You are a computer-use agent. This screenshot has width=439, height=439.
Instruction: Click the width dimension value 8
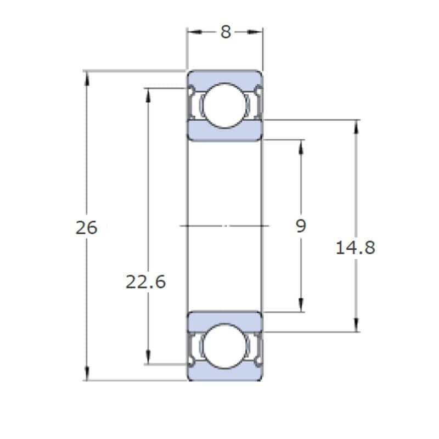[x=226, y=32]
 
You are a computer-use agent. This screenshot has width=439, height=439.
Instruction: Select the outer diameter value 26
[x=87, y=227]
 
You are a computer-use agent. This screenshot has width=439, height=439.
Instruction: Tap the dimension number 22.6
[x=145, y=282]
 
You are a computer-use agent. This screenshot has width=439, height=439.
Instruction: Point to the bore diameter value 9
[x=301, y=226]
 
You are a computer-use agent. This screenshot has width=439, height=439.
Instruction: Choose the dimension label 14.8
[x=355, y=248]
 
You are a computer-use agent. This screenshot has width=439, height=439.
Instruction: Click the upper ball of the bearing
[x=224, y=105]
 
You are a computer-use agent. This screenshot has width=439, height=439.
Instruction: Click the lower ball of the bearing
[x=224, y=346]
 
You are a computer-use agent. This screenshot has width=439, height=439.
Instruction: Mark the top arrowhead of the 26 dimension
[x=87, y=78]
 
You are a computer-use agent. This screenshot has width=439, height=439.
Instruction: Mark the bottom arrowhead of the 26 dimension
[x=87, y=373]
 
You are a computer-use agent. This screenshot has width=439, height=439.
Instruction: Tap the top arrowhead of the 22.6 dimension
[x=148, y=95]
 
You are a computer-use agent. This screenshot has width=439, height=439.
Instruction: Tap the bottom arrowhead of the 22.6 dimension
[x=148, y=357]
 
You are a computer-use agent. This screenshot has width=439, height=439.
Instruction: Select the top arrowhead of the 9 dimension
[x=301, y=147]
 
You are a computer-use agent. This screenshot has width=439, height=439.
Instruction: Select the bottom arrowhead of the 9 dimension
[x=301, y=305]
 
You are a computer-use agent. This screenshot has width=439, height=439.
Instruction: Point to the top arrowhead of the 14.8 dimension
[x=356, y=127]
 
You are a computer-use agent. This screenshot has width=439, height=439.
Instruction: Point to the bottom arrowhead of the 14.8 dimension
[x=356, y=325]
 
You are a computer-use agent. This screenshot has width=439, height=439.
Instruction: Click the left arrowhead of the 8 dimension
[x=195, y=32]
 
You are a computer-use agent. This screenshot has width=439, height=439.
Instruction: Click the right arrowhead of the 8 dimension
[x=255, y=32]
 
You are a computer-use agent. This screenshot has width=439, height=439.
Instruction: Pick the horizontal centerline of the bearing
[x=224, y=226]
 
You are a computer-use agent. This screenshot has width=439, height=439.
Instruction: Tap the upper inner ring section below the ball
[x=225, y=131]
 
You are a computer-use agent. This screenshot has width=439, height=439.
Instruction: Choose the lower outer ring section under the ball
[x=225, y=372]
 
